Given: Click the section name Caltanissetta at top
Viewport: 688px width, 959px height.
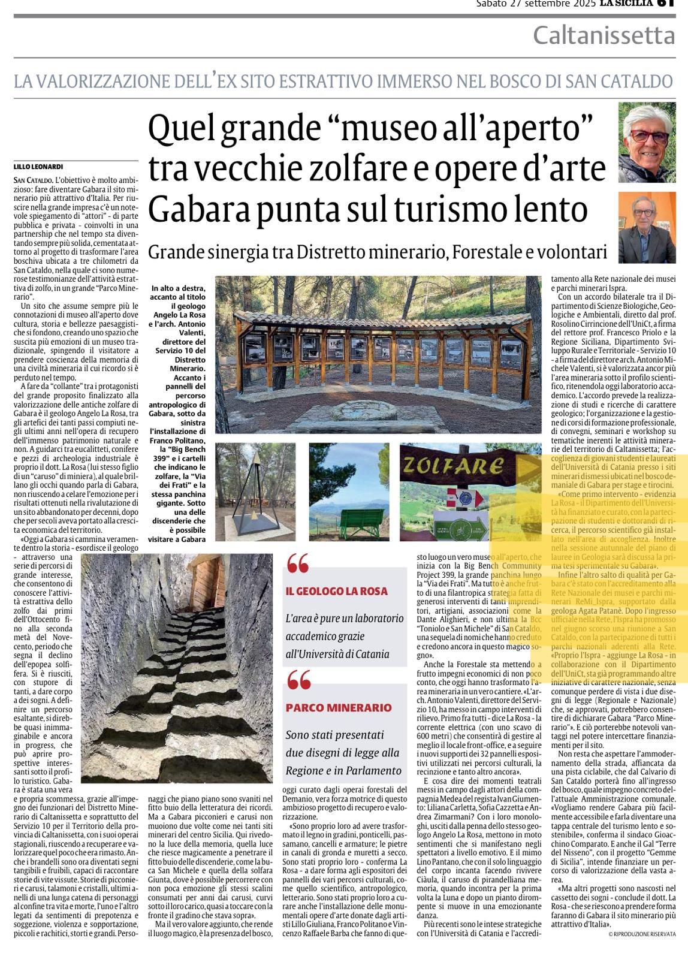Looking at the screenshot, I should [604, 36].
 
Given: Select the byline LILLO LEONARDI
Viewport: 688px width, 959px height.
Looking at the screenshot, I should [38, 167].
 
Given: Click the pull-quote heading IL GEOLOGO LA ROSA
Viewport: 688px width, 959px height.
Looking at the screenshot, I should [337, 591].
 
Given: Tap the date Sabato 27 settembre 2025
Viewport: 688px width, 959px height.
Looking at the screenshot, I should [536, 4].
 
